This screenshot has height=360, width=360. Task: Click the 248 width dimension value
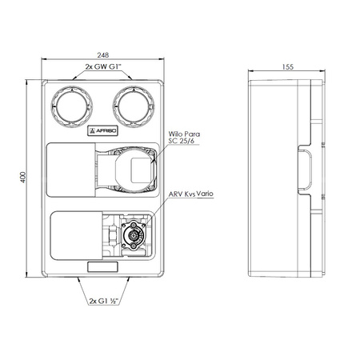[x=103, y=55]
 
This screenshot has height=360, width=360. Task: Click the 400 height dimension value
[x=23, y=178]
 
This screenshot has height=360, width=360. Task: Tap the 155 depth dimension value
[x=288, y=67]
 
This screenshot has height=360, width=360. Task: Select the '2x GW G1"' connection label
[x=103, y=66]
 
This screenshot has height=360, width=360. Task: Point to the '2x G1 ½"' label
[x=104, y=301]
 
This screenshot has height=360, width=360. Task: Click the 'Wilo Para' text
[x=184, y=134]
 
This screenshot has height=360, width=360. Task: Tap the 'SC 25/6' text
[x=181, y=141]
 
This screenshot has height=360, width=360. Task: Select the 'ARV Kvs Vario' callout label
[x=191, y=194]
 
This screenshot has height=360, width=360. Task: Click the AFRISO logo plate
[x=102, y=130]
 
